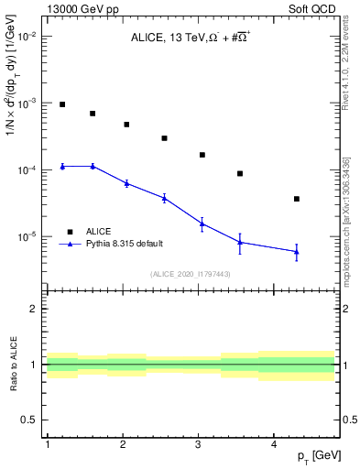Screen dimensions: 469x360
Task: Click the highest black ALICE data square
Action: [62, 104]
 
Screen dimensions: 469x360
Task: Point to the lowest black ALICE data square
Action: [297, 199]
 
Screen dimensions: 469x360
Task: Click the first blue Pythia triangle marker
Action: [62, 166]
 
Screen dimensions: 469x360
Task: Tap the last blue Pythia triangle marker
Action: [297, 251]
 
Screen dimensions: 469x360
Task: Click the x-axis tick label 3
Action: [199, 444]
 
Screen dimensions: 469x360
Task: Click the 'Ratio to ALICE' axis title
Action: [14, 365]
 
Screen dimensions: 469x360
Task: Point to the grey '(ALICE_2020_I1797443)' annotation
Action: [191, 274]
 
